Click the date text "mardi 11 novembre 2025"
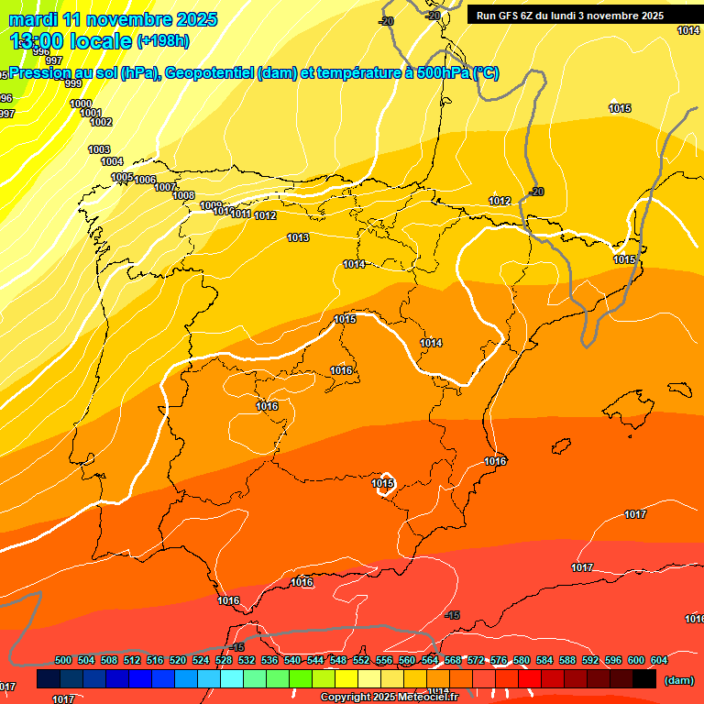(113, 19)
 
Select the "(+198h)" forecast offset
(162, 41)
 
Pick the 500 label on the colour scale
(63, 660)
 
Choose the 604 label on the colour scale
(658, 660)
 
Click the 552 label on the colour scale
(361, 660)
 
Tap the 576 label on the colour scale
(499, 660)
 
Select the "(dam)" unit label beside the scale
(678, 679)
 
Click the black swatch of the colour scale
(644, 679)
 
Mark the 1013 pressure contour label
(298, 237)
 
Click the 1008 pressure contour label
(183, 195)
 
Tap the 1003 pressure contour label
(99, 149)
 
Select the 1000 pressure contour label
(81, 104)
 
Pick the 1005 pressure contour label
(122, 177)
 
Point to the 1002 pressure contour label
(101, 122)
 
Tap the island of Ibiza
(558, 446)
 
